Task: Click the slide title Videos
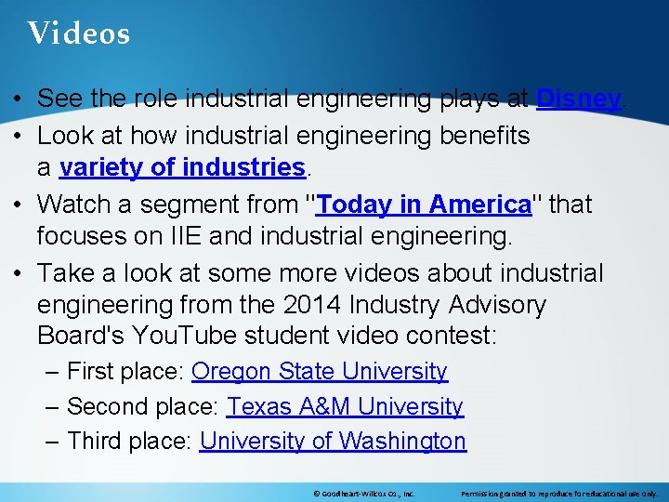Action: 79,34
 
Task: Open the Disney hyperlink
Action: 578,99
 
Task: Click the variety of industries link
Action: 182,168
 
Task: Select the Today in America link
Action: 423,204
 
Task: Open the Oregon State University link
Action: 320,372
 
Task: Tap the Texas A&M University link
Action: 345,406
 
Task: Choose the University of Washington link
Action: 333,441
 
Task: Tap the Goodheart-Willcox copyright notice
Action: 363,494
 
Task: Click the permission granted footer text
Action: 559,494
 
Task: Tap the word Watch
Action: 74,204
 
